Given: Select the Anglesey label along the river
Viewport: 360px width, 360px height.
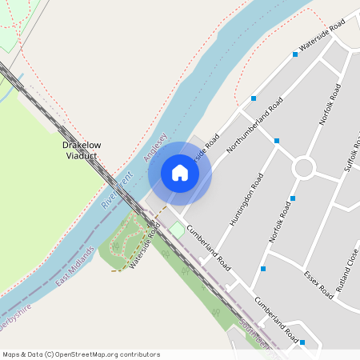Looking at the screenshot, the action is click(x=155, y=147).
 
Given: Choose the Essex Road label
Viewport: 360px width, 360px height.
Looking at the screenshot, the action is click(x=318, y=285).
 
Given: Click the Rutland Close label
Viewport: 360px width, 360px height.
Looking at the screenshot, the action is click(x=348, y=285).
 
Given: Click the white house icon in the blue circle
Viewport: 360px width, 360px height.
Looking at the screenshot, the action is click(x=180, y=173).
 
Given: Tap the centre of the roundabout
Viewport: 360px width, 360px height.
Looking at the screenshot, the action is click(x=304, y=168).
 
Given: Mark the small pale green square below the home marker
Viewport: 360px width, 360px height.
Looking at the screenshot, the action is click(x=176, y=230).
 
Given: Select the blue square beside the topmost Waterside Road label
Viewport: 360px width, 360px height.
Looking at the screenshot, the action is click(x=295, y=55).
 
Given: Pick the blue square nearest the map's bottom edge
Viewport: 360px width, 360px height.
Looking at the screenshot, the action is click(x=302, y=342).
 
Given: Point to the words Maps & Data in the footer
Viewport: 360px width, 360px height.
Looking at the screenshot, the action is click(x=22, y=354).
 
